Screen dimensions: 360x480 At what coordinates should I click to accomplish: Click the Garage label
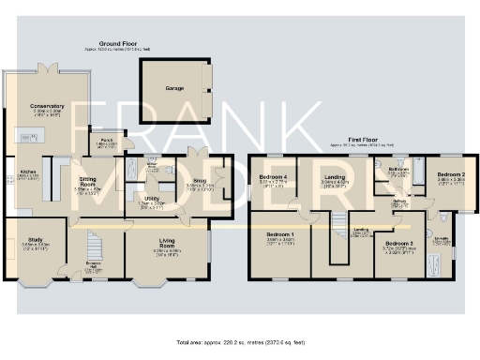coord(174,88)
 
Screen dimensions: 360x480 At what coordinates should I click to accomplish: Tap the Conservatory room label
coord(46,106)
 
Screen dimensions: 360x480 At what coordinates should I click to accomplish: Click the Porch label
coord(108,140)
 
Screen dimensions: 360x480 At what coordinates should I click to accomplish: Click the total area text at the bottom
coord(240,342)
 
